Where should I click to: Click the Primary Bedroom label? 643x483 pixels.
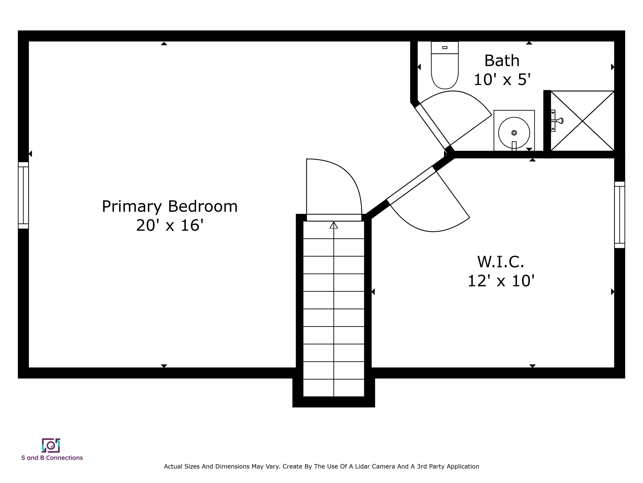170,207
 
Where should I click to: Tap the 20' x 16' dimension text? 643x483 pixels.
170,226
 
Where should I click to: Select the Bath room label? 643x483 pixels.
502,61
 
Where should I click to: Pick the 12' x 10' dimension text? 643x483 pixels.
501,281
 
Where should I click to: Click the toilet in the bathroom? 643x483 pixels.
445,65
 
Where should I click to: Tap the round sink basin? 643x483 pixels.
514,133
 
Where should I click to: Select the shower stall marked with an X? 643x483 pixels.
583,121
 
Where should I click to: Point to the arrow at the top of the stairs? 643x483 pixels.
334,225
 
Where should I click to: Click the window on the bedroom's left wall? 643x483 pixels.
23,195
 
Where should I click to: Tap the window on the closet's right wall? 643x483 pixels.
620,215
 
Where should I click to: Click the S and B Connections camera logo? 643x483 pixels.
51,445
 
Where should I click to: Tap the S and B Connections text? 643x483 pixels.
52,458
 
